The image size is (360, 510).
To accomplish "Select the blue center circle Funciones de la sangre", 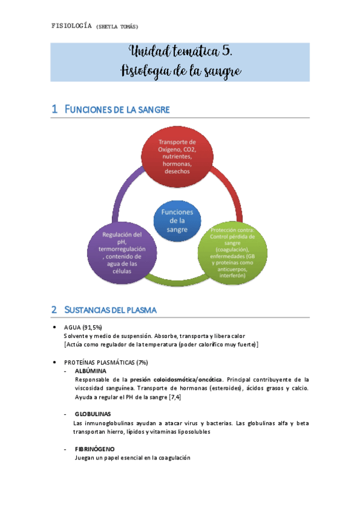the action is [177, 221].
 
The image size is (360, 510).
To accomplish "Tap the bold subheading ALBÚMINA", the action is [91, 371].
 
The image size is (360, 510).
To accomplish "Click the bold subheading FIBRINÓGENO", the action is [95, 449].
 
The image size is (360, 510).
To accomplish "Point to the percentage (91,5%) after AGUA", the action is [91, 327].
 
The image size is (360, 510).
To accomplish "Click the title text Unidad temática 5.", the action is [180, 52].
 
